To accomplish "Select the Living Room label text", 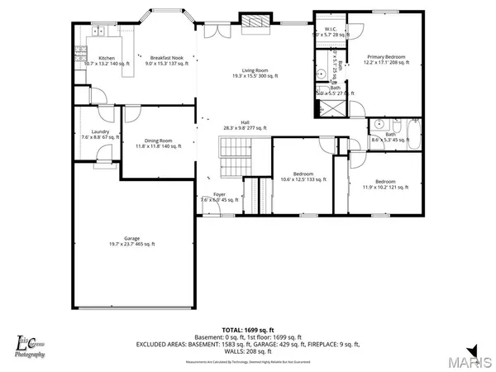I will [248, 73].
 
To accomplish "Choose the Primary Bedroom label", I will [389, 60].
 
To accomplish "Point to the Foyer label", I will [219, 197].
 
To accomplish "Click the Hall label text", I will [246, 125].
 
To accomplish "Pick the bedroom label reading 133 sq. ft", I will [302, 177].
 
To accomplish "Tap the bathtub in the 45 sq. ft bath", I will [411, 131].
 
